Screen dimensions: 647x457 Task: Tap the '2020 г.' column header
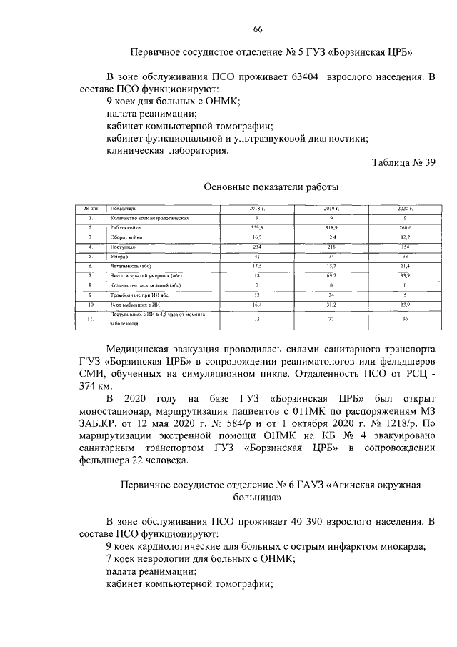(405, 207)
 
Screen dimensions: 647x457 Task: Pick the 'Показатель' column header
(125, 207)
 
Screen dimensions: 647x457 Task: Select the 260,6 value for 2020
(405, 227)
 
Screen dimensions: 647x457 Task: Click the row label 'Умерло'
(119, 255)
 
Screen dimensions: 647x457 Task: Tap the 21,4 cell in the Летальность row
(405, 265)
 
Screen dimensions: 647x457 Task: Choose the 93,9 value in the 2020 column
(405, 275)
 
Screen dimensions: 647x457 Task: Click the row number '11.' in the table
(90, 318)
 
